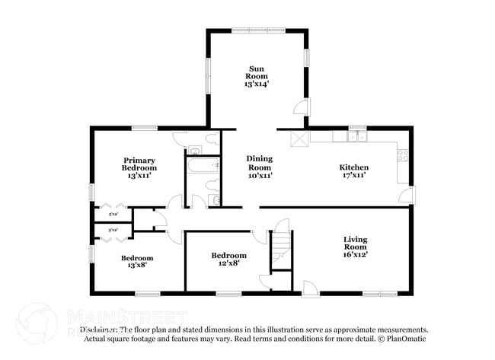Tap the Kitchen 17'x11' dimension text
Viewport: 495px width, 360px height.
353,175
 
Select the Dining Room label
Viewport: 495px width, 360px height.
259,163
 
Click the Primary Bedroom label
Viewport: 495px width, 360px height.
139,164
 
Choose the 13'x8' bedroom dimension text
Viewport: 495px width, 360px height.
137,266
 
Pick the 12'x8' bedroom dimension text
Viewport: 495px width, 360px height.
228,264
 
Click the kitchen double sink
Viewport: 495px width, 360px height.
356,137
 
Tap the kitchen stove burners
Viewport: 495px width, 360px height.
402,157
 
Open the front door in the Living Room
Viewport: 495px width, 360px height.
310,288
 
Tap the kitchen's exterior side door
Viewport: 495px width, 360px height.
409,195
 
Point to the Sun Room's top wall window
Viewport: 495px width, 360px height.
258,30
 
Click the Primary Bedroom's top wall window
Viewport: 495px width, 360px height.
144,127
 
